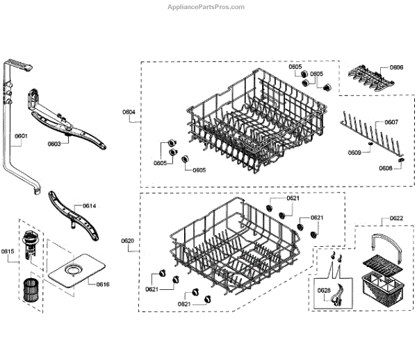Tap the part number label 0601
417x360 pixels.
[x=21, y=137]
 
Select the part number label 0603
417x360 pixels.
[x=54, y=144]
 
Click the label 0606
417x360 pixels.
[x=396, y=67]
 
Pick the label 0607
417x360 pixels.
[x=391, y=122]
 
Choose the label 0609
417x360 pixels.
[x=355, y=152]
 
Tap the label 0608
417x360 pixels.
[x=386, y=169]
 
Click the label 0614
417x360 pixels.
[x=90, y=206]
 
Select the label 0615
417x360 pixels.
[x=7, y=251]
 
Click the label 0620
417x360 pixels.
[x=128, y=241]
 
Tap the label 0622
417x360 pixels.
[x=396, y=219]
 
